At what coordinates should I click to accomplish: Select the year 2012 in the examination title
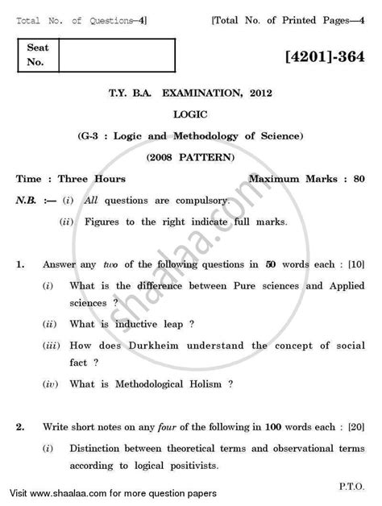pos(270,93)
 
